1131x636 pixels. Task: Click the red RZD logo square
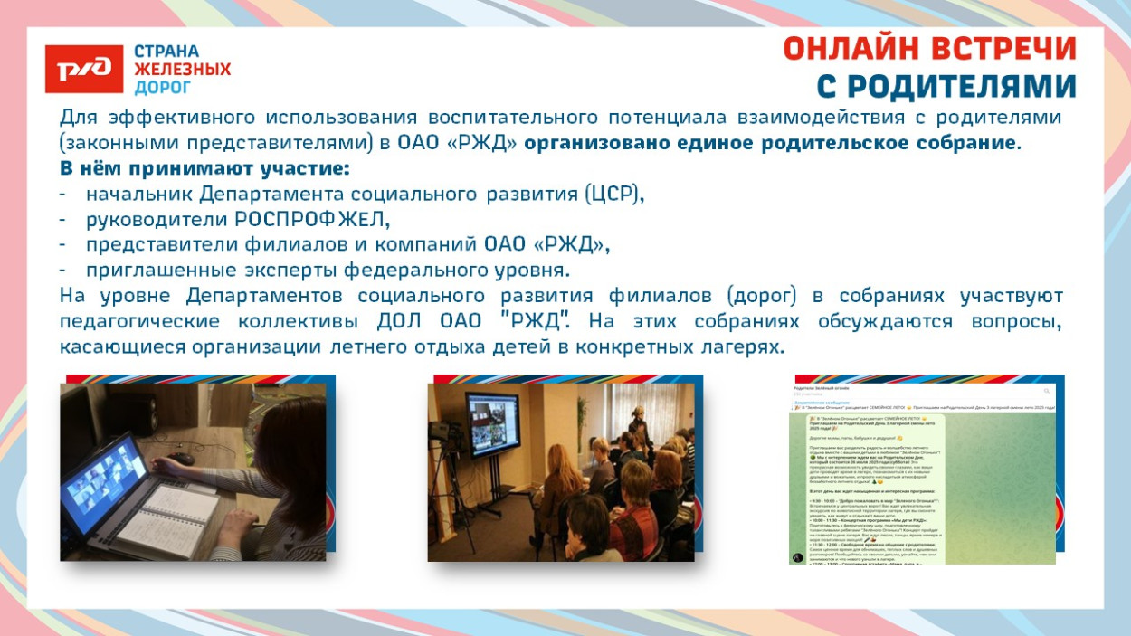(83, 69)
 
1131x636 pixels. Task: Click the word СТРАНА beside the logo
(166, 51)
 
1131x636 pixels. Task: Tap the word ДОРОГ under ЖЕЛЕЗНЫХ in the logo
(163, 88)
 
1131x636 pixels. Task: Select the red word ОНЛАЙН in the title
(855, 49)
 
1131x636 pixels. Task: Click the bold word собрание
(963, 143)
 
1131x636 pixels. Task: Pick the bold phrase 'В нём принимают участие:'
(204, 168)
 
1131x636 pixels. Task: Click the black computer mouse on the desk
(184, 459)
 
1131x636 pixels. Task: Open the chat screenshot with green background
(922, 471)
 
